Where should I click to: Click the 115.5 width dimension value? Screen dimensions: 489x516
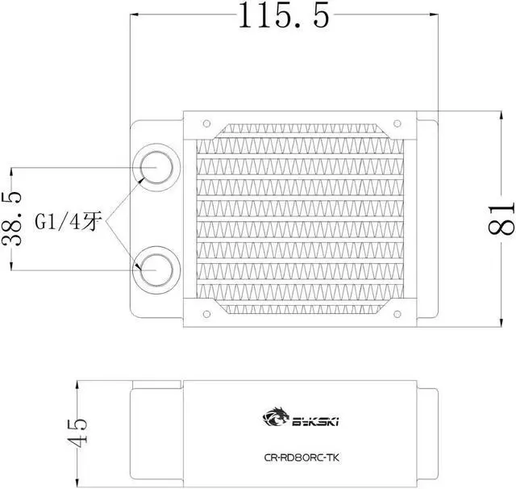click(284, 15)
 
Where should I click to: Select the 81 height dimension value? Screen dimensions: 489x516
click(501, 216)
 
